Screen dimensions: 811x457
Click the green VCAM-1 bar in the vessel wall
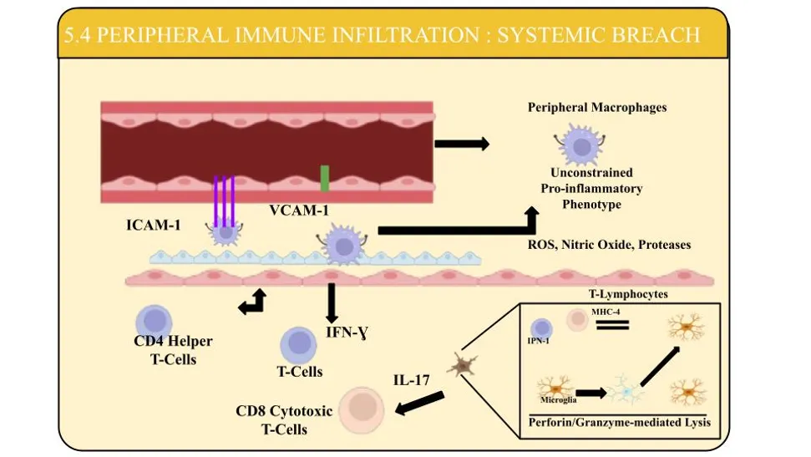click(x=325, y=179)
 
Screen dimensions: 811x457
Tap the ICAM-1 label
click(x=154, y=225)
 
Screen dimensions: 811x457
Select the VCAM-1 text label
click(x=299, y=211)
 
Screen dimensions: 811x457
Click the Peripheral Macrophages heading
click(x=597, y=107)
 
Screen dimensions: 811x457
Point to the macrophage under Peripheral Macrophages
click(x=581, y=145)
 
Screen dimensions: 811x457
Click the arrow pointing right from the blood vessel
click(x=462, y=144)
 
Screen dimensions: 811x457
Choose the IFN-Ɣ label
click(x=347, y=333)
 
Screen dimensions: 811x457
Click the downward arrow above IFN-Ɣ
click(x=332, y=303)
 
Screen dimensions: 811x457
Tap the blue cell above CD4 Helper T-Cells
click(x=154, y=321)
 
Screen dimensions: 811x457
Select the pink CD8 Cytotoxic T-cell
click(x=362, y=409)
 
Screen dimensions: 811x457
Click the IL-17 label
click(x=411, y=380)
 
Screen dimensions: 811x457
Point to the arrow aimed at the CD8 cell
click(x=419, y=404)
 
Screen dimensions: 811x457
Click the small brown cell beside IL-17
click(x=463, y=365)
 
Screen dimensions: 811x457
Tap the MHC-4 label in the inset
click(x=606, y=312)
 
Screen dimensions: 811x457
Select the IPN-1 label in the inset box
click(x=538, y=341)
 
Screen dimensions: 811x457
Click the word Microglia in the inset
click(x=558, y=400)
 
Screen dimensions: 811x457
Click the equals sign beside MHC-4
click(x=612, y=325)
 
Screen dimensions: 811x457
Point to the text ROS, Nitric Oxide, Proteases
click(x=609, y=245)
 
